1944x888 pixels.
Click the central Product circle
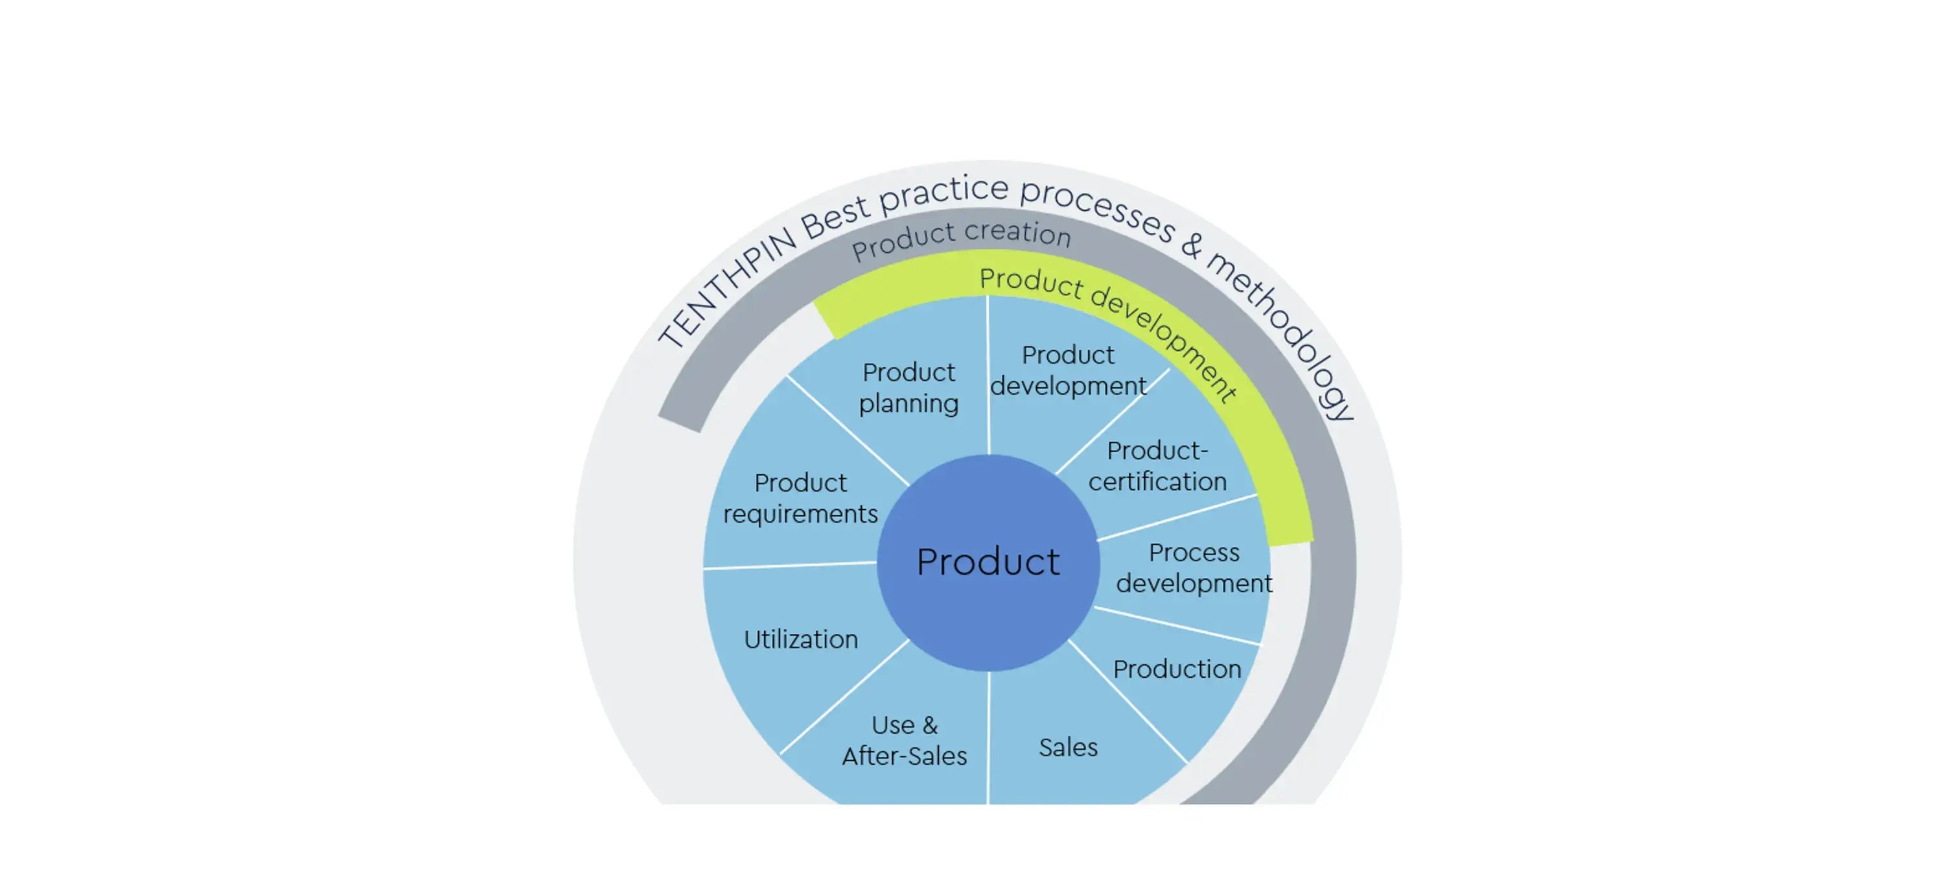point(988,562)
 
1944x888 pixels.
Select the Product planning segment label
point(908,387)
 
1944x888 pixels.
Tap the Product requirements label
point(801,498)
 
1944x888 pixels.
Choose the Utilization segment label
point(801,640)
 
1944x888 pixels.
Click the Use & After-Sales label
point(904,741)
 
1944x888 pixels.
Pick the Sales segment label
point(1068,747)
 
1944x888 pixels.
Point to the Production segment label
point(1177,669)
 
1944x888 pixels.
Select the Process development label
point(1194,568)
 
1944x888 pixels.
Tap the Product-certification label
point(1157,466)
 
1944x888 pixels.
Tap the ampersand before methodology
point(1192,243)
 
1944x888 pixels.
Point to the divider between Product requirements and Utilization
point(789,565)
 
